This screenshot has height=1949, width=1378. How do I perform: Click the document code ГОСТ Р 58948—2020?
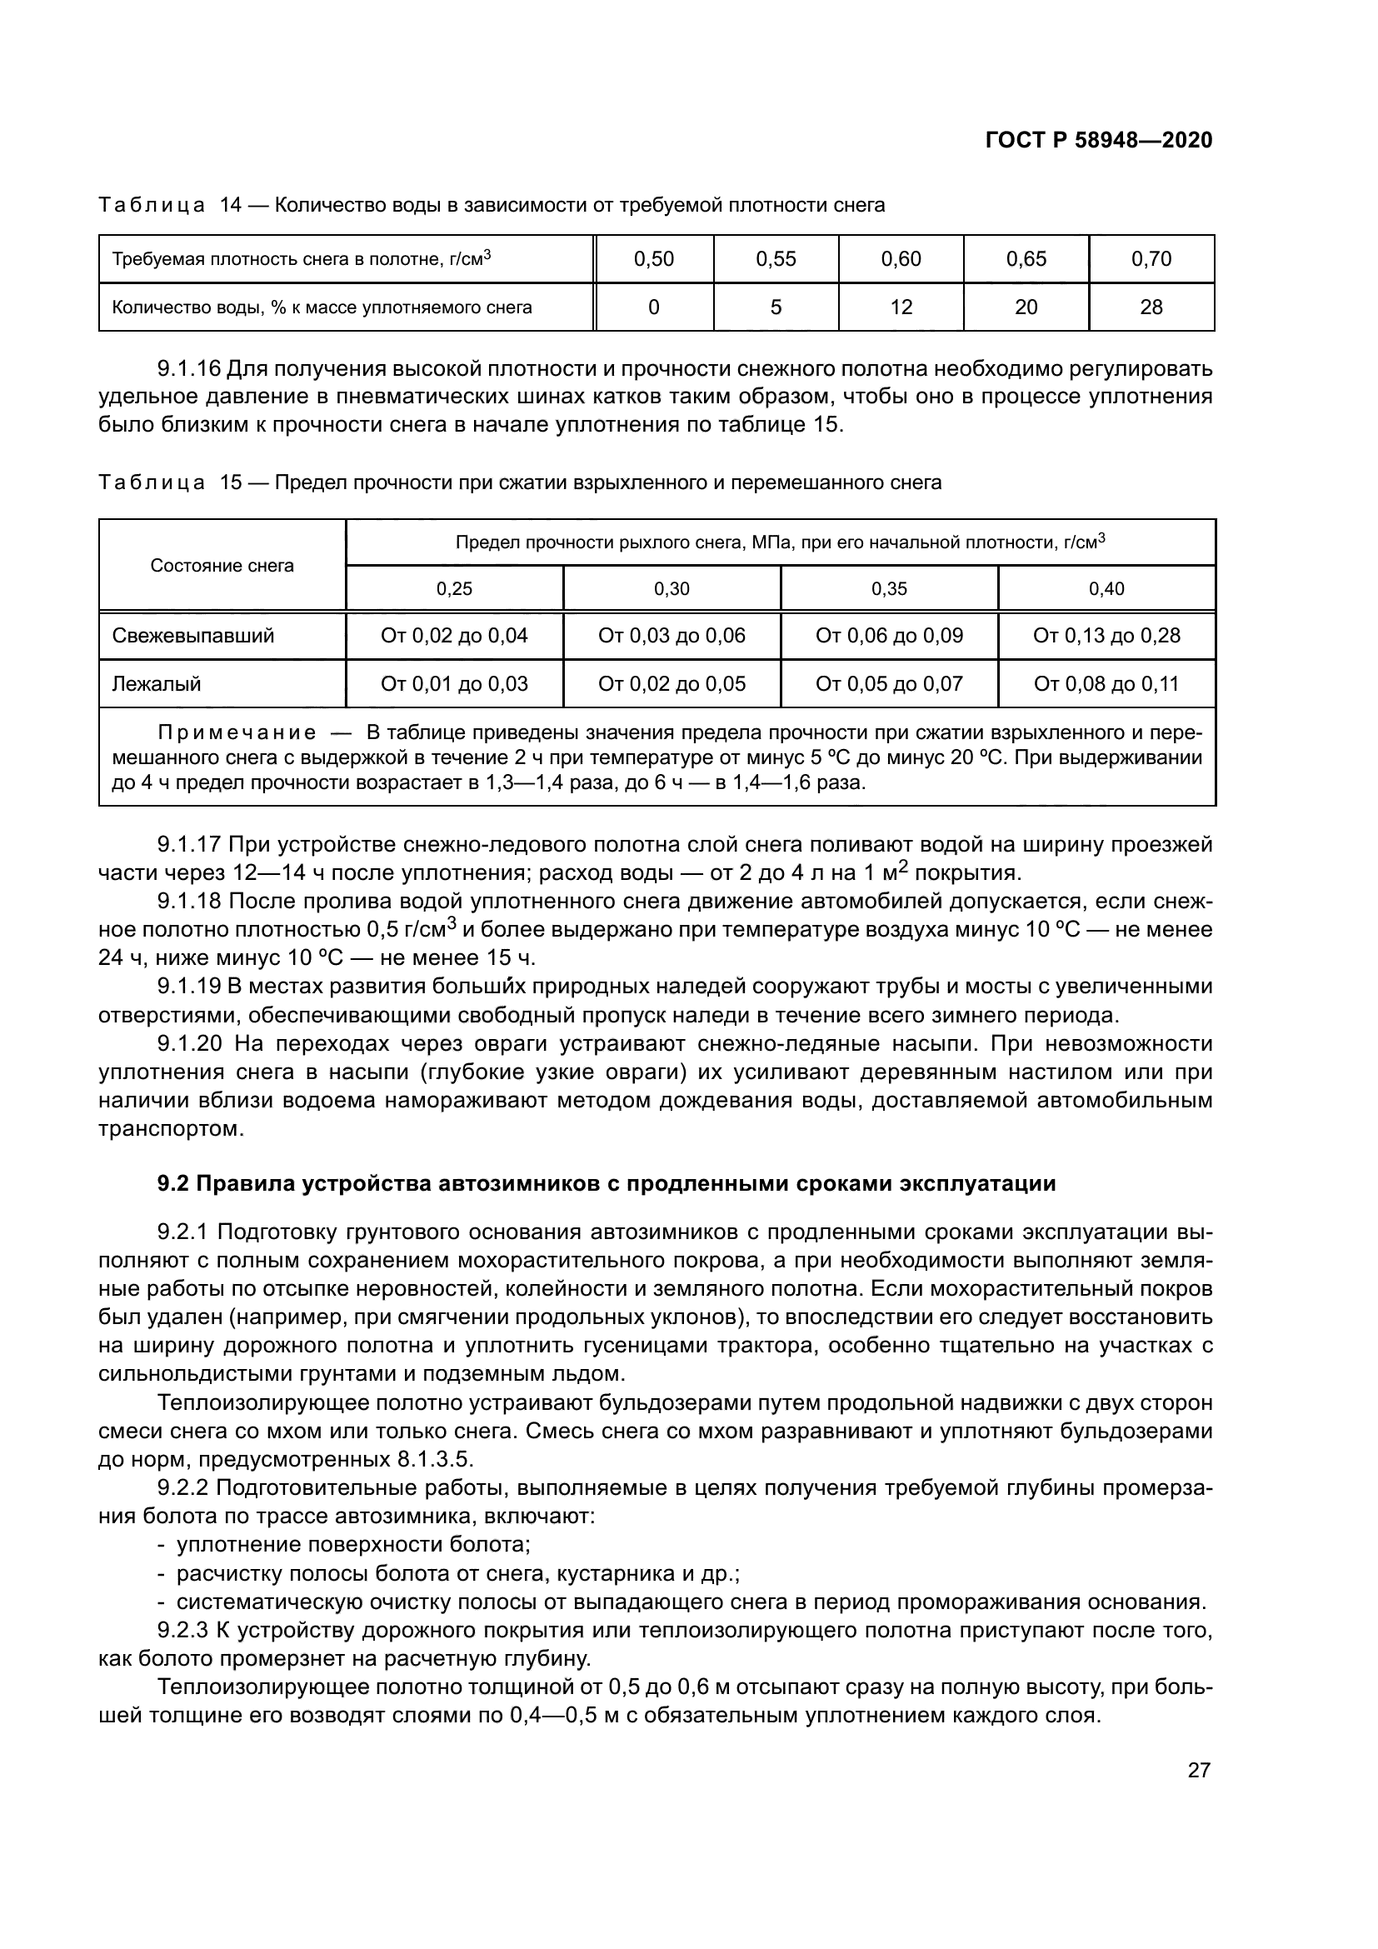click(1098, 140)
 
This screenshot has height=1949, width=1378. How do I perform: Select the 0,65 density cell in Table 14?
click(1026, 259)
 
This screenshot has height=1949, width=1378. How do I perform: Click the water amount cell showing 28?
click(1151, 307)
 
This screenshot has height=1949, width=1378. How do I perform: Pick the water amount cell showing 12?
click(901, 307)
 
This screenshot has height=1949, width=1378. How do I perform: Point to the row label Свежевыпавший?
click(192, 636)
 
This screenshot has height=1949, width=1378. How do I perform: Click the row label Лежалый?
click(156, 684)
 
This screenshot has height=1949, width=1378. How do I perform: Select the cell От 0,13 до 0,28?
click(1106, 636)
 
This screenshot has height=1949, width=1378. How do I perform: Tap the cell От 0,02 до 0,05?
click(672, 684)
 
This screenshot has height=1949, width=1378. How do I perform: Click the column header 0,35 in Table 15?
click(888, 589)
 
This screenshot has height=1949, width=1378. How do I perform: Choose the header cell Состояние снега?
click(222, 565)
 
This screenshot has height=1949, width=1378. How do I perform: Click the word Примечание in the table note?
click(237, 732)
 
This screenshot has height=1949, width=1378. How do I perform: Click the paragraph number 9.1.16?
click(189, 369)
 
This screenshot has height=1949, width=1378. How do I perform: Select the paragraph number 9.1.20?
click(189, 1043)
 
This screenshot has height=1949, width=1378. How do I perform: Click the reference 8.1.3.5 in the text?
click(432, 1460)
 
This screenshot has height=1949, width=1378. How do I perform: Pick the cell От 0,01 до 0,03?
click(454, 684)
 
